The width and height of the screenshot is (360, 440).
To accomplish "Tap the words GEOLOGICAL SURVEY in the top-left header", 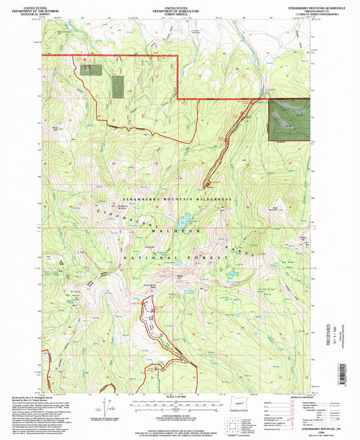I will (24, 11).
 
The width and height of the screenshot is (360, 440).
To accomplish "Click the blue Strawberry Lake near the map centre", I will (182, 220).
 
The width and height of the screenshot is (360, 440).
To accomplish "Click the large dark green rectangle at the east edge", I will (289, 119).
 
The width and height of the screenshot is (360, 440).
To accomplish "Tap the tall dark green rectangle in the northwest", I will (118, 88).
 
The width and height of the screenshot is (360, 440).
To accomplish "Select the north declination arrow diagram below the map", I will (107, 408).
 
